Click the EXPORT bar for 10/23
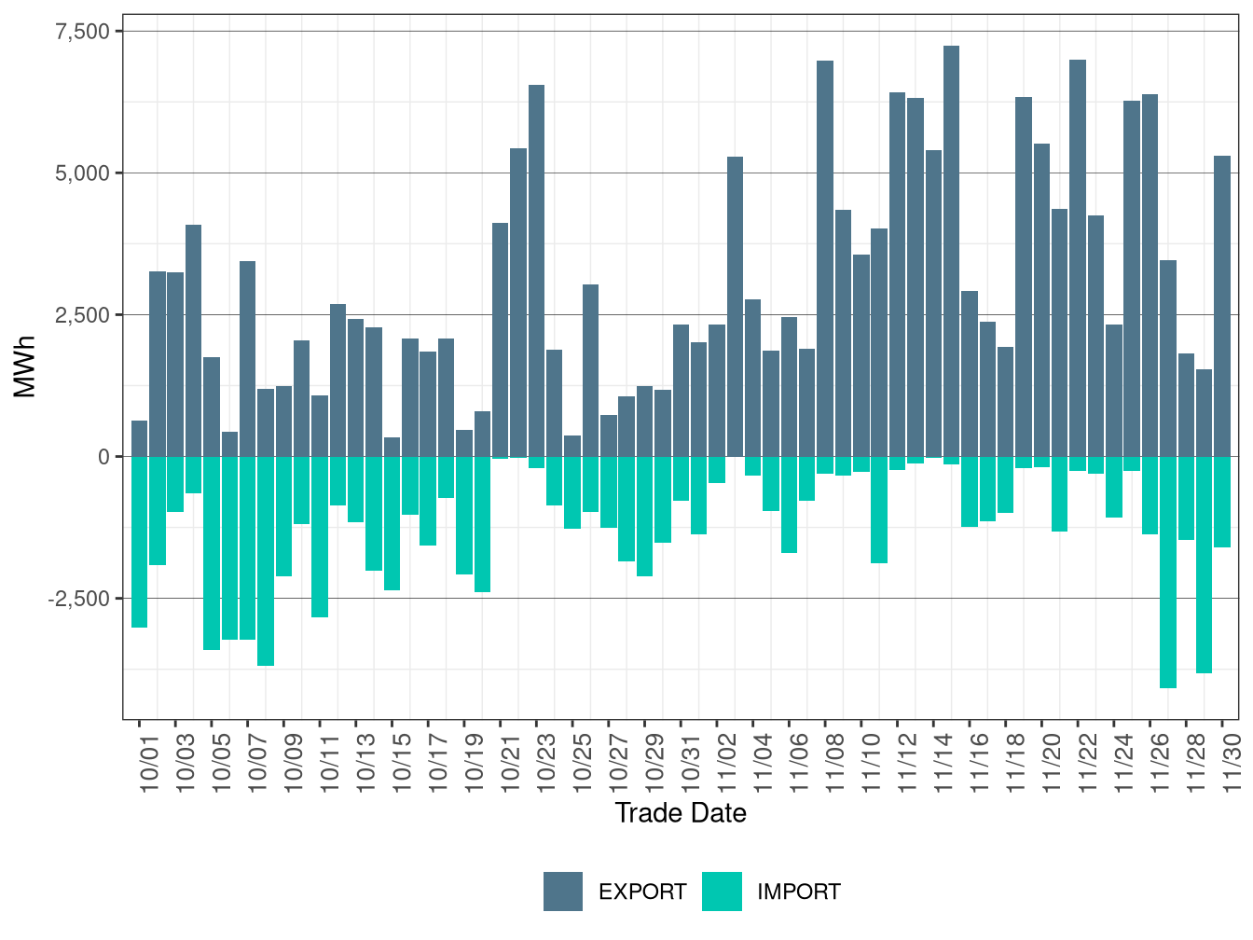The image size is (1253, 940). click(x=536, y=270)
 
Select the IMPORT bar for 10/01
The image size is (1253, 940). click(x=139, y=542)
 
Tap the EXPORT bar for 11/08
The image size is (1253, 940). click(x=825, y=258)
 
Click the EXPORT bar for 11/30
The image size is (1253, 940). click(x=1222, y=306)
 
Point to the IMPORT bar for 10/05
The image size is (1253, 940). click(x=212, y=553)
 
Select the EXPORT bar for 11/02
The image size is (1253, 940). click(x=735, y=307)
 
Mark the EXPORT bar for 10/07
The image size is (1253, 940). click(x=247, y=359)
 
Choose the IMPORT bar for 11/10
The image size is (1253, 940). click(x=879, y=510)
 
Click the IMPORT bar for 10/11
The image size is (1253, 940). click(x=320, y=537)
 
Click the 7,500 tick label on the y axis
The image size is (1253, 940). click(x=82, y=32)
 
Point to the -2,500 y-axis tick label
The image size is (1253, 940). click(x=78, y=599)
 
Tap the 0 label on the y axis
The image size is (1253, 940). click(x=103, y=457)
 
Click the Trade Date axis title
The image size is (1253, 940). click(x=681, y=813)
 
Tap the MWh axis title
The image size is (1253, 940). click(x=25, y=366)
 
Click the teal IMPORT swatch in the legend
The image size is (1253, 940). click(x=723, y=892)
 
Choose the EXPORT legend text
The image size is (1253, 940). click(x=642, y=892)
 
